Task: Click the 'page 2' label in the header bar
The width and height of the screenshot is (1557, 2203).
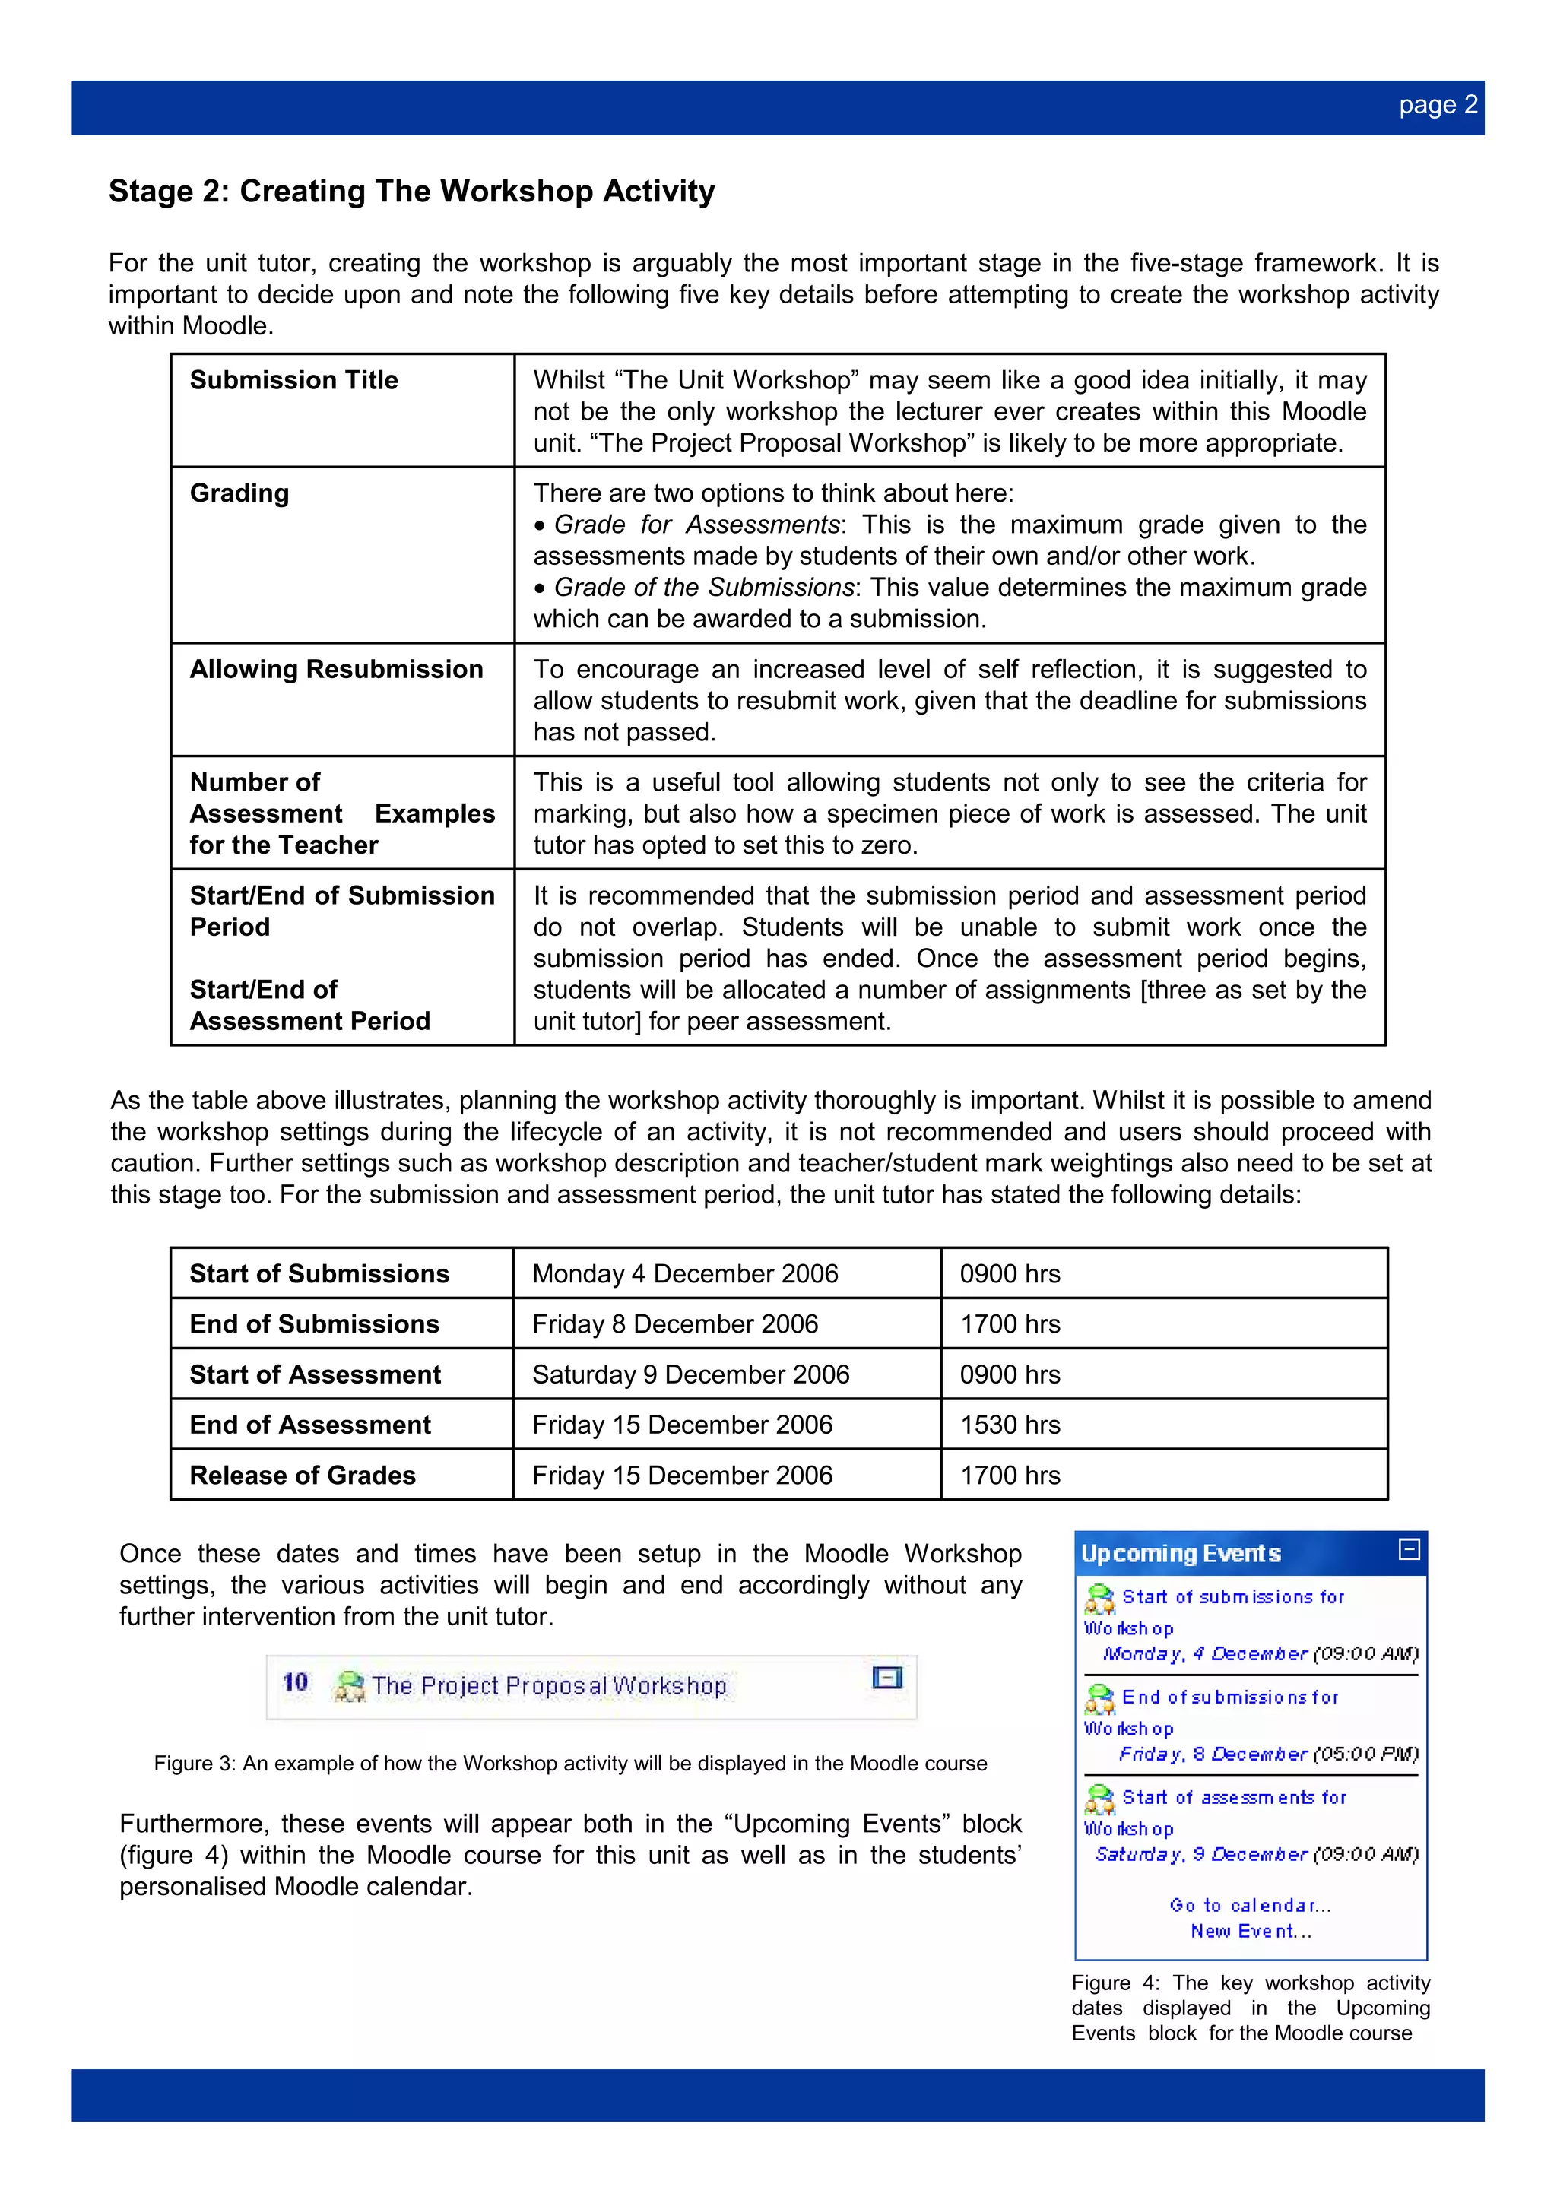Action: coord(1437,106)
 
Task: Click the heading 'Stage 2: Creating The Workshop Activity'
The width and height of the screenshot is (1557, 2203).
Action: coord(411,191)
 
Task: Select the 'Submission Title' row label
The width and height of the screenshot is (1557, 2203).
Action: coord(293,380)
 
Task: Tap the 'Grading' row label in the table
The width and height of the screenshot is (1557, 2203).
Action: coord(239,493)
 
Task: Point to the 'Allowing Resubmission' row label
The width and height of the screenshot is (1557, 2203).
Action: coord(336,669)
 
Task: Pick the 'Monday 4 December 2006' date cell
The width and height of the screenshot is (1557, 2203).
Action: coord(685,1273)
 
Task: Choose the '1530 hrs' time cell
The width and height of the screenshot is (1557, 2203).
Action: coord(1010,1425)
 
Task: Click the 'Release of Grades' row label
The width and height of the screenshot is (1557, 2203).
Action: coord(302,1475)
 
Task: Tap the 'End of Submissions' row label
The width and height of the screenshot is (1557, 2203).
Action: coord(314,1324)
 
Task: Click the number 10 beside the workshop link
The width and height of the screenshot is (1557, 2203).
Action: coord(294,1682)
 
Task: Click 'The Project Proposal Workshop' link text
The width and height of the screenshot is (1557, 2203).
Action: coord(549,1686)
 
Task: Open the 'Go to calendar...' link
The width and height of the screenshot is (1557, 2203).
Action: coord(1250,1906)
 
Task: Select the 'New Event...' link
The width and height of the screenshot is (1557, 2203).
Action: coord(1250,1932)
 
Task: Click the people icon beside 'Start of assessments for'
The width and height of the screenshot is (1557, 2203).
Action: coord(1099,1799)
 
